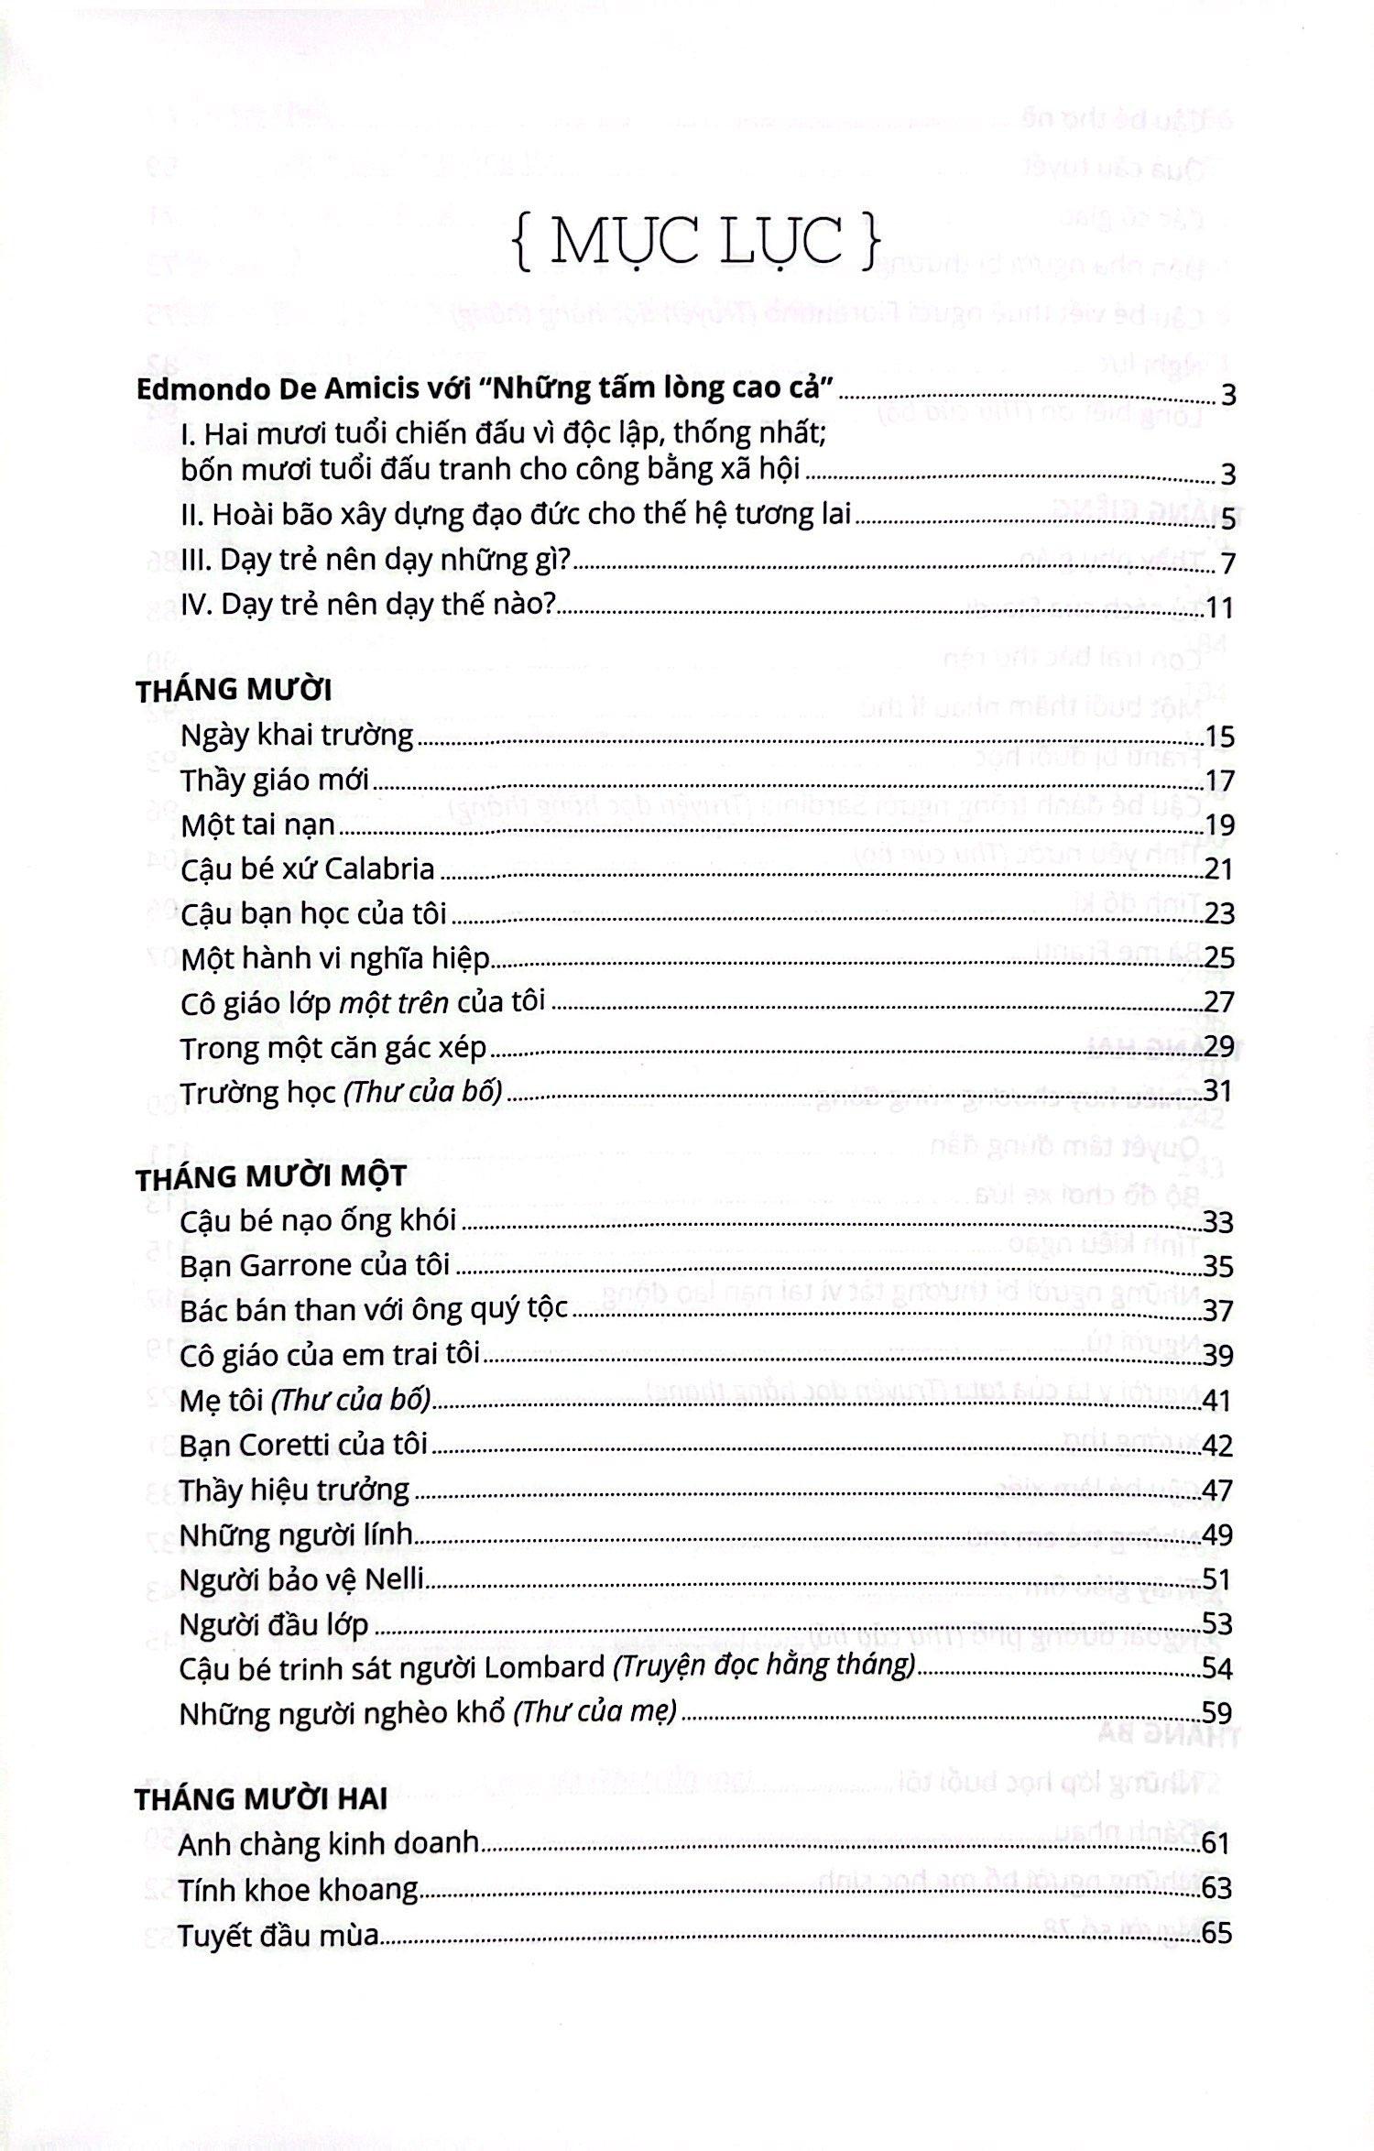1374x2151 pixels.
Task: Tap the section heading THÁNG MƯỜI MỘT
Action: [x=270, y=1177]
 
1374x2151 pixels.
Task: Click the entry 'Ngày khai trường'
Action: [x=298, y=737]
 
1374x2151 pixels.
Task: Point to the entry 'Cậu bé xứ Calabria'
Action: [x=308, y=868]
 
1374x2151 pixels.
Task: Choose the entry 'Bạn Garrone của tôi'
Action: [x=315, y=1266]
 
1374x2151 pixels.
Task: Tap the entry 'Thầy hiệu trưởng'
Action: [x=295, y=1490]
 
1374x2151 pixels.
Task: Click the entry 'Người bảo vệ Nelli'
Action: [x=301, y=1579]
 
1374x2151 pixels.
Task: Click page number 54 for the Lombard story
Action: [x=1217, y=1668]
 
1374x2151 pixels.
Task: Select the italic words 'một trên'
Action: [x=394, y=1003]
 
